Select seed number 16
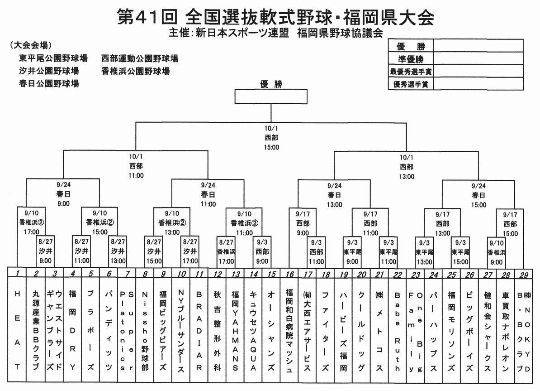pos(289,274)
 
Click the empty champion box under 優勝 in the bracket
pos(271,97)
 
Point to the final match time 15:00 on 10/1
pos(271,147)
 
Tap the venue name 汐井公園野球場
pos(49,71)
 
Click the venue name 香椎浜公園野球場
pos(136,71)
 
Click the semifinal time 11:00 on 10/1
pos(136,175)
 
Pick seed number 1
pos(17,274)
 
